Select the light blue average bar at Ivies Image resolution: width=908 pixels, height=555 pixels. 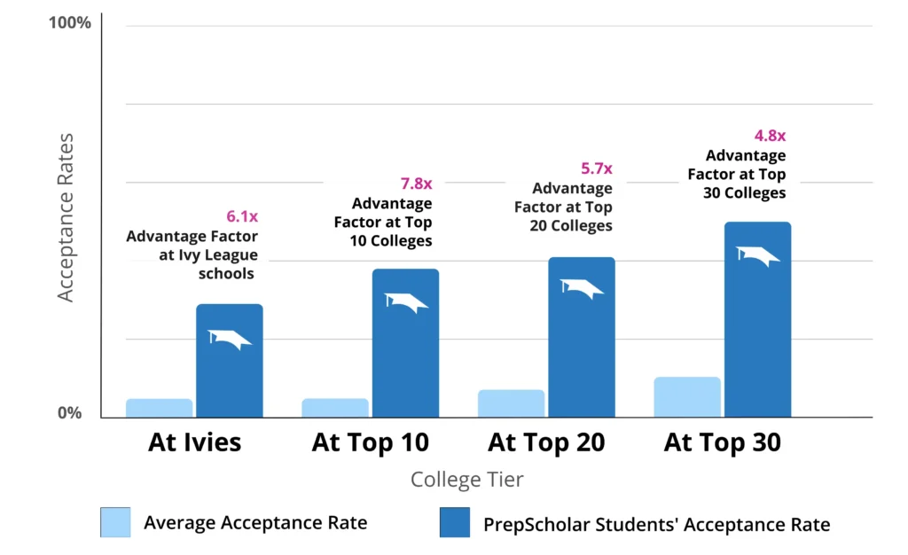tap(159, 408)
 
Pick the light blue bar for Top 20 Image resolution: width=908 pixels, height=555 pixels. tap(511, 403)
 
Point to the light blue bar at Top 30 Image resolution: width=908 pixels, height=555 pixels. tap(687, 397)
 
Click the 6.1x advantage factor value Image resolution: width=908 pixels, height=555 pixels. tap(241, 216)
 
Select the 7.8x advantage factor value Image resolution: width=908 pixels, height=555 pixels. tap(416, 184)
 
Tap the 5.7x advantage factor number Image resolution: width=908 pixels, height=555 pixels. tap(596, 168)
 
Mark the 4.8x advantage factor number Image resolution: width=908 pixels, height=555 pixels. tap(770, 136)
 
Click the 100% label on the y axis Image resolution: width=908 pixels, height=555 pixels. tap(69, 22)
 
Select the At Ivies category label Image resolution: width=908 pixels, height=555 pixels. tap(194, 442)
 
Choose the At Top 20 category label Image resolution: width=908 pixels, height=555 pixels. tap(546, 442)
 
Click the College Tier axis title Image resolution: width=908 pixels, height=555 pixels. tap(466, 480)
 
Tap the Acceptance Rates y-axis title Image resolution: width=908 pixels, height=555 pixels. tap(66, 217)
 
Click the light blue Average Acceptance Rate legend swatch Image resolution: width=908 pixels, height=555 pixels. tap(115, 522)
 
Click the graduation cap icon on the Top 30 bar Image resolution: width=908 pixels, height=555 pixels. tap(758, 255)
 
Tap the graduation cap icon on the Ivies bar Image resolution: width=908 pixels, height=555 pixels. tap(230, 339)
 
